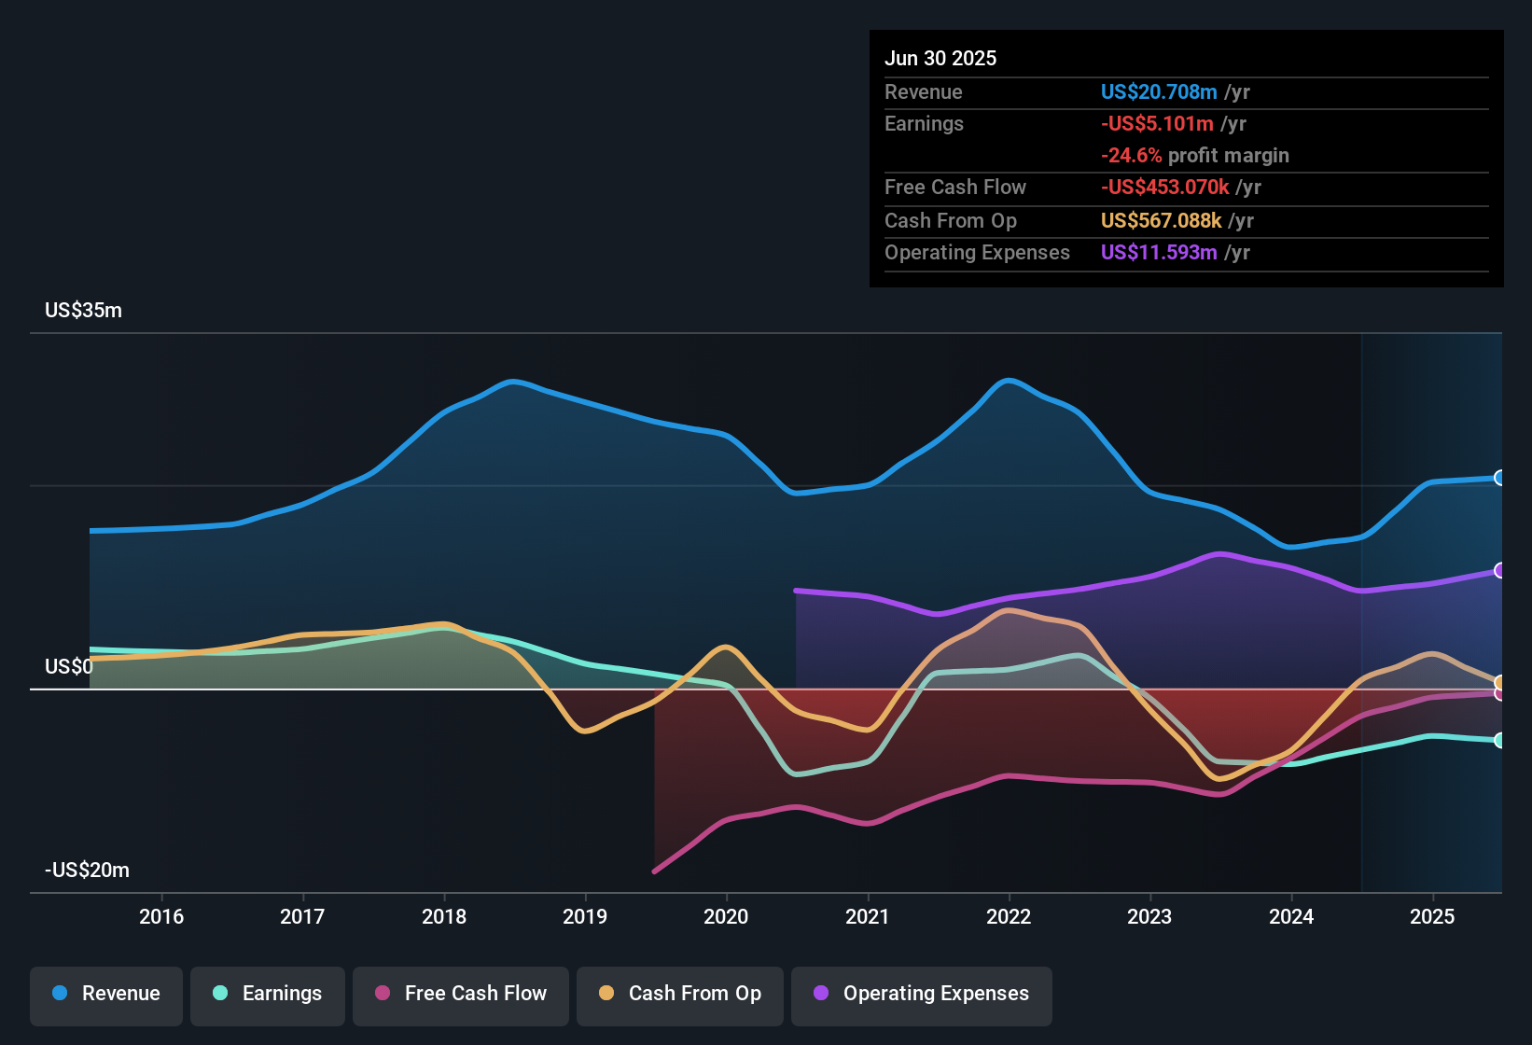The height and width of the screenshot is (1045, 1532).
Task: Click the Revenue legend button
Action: (x=106, y=994)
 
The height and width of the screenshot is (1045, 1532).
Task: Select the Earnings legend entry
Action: (x=268, y=994)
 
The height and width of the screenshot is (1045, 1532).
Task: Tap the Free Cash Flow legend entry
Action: (x=461, y=994)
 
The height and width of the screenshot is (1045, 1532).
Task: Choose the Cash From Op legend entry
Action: (x=680, y=994)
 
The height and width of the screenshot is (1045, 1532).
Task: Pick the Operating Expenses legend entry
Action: (x=922, y=994)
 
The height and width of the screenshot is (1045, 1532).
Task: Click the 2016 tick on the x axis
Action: (x=161, y=916)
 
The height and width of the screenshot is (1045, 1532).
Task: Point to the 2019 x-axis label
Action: (x=585, y=916)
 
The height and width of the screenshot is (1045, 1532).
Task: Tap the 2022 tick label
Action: (x=1009, y=916)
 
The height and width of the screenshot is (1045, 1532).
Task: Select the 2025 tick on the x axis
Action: (x=1432, y=916)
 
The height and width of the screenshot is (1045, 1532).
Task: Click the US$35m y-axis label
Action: (x=83, y=311)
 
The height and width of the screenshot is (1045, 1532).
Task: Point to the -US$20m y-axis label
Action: (x=87, y=871)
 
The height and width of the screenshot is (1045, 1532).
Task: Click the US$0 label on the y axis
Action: (x=68, y=666)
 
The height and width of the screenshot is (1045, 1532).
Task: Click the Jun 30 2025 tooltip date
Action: (x=940, y=59)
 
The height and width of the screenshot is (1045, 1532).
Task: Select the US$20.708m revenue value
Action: (x=1159, y=92)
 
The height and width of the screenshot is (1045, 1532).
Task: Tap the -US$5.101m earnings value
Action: (x=1157, y=124)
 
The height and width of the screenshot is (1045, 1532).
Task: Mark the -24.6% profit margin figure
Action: (x=1132, y=156)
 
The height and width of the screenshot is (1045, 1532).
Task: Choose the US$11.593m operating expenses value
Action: (x=1159, y=253)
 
